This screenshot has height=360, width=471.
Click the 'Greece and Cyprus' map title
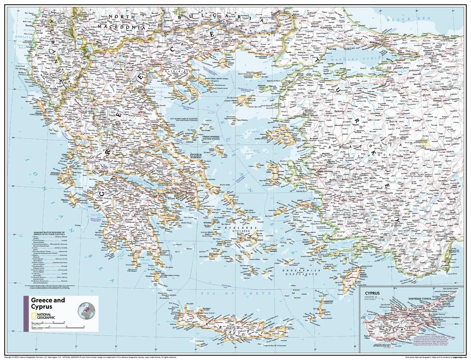tap(48, 303)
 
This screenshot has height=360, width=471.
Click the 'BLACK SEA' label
tap(402, 19)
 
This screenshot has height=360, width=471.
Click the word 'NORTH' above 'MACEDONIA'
tap(122, 17)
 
